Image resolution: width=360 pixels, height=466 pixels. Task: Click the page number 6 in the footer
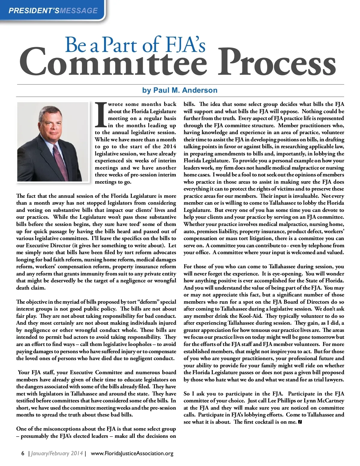point(23,453)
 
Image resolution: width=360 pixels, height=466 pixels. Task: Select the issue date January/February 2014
point(57,453)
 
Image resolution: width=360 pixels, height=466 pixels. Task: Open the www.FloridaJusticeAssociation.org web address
point(132,453)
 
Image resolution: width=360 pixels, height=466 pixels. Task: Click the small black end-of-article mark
point(300,422)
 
